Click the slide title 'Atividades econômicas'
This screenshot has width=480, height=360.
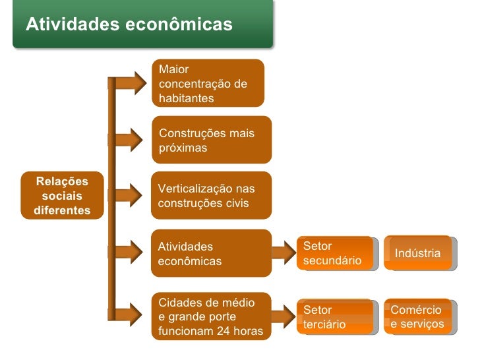tap(129, 24)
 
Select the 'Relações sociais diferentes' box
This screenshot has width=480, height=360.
tap(63, 196)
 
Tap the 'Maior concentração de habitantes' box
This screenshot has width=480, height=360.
tap(208, 84)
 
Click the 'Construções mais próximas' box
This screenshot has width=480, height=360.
tap(212, 140)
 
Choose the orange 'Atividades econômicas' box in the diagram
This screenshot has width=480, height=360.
tap(212, 254)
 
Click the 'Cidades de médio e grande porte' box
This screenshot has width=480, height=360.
tap(212, 316)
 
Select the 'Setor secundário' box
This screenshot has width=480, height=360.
tap(335, 253)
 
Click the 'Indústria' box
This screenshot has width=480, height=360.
tap(418, 253)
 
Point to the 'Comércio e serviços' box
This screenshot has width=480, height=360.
tap(418, 317)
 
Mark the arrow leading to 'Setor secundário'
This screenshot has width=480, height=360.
tap(284, 252)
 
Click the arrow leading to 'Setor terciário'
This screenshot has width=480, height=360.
tap(284, 315)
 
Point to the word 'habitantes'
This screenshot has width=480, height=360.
tap(187, 98)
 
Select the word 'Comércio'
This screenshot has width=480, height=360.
tap(416, 310)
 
